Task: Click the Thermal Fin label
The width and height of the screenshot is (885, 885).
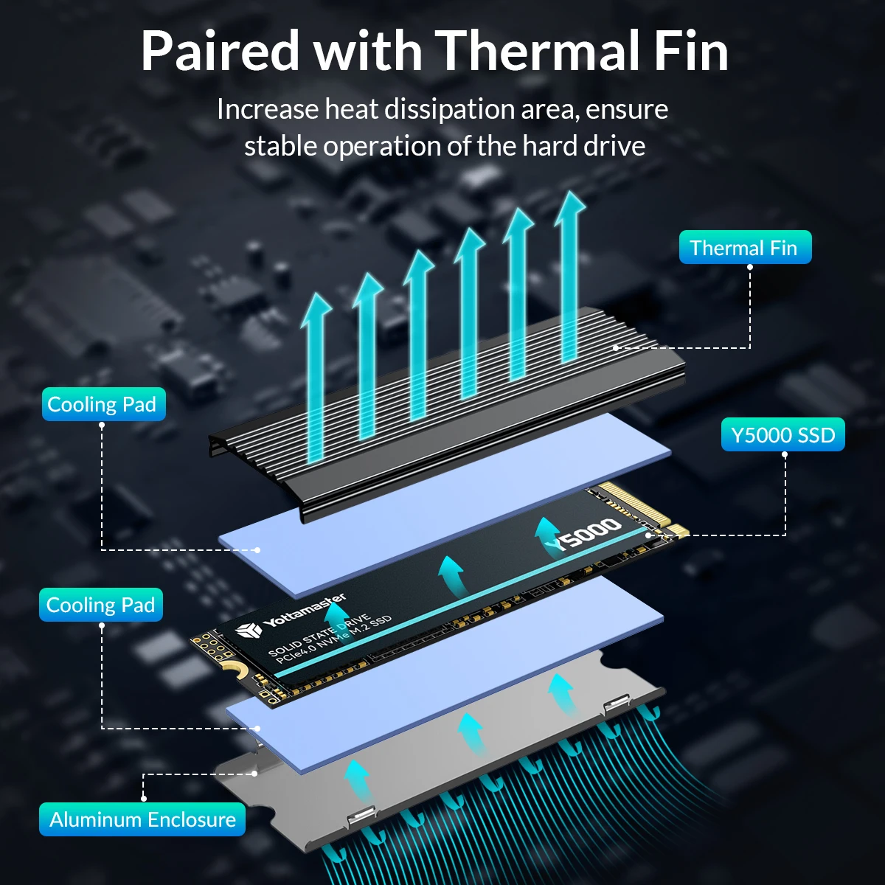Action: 744,248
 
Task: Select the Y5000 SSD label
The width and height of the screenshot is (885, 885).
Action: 782,435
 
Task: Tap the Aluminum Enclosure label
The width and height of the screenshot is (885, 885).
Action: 142,819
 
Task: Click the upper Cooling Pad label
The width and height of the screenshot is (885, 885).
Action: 103,404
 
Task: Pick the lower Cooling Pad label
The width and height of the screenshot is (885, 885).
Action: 101,605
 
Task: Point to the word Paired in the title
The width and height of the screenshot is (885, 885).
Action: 220,52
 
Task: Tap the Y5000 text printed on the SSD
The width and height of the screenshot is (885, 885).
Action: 589,533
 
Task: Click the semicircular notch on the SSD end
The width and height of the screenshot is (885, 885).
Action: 235,668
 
